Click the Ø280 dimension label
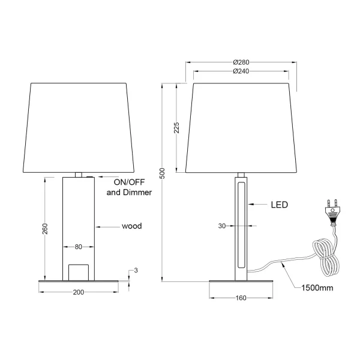(241, 62)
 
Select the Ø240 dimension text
(241, 71)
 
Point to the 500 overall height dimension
(162, 174)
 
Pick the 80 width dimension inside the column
(78, 245)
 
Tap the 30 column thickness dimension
(222, 226)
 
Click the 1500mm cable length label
(316, 287)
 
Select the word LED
(279, 205)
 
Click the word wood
(131, 226)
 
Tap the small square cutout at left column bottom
(78, 272)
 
